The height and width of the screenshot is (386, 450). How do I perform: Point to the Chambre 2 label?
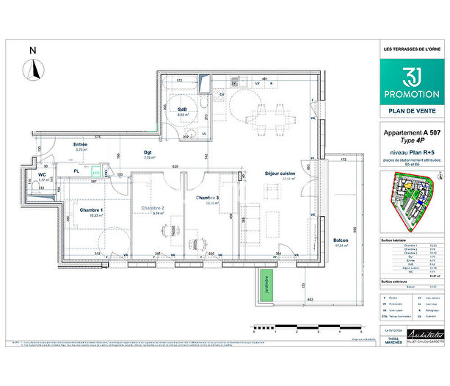click(153, 208)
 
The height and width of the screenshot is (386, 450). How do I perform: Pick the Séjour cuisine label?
click(280, 174)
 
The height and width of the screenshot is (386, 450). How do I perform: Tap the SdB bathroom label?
click(182, 110)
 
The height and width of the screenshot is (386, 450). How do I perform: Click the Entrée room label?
click(81, 145)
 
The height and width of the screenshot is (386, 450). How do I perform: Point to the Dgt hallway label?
click(148, 152)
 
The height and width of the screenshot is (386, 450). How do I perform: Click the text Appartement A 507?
click(410, 133)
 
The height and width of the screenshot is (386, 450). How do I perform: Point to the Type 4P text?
click(410, 140)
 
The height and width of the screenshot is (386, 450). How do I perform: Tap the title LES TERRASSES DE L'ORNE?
click(410, 49)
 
